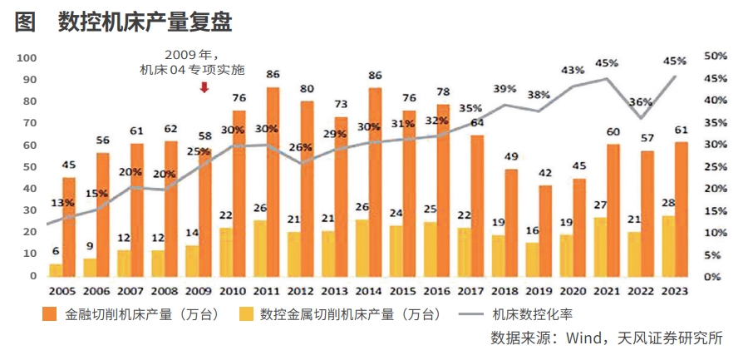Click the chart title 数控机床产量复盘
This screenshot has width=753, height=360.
[x=145, y=22]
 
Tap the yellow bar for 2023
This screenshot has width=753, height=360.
[x=668, y=246]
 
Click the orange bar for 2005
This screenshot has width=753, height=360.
[x=69, y=226]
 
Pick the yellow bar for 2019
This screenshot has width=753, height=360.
[x=533, y=259]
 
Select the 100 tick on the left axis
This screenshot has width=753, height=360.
[x=27, y=57]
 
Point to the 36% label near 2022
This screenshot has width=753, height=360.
[x=640, y=101]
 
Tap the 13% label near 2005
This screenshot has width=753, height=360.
[x=63, y=202]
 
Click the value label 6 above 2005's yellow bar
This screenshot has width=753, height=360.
[x=56, y=252]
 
